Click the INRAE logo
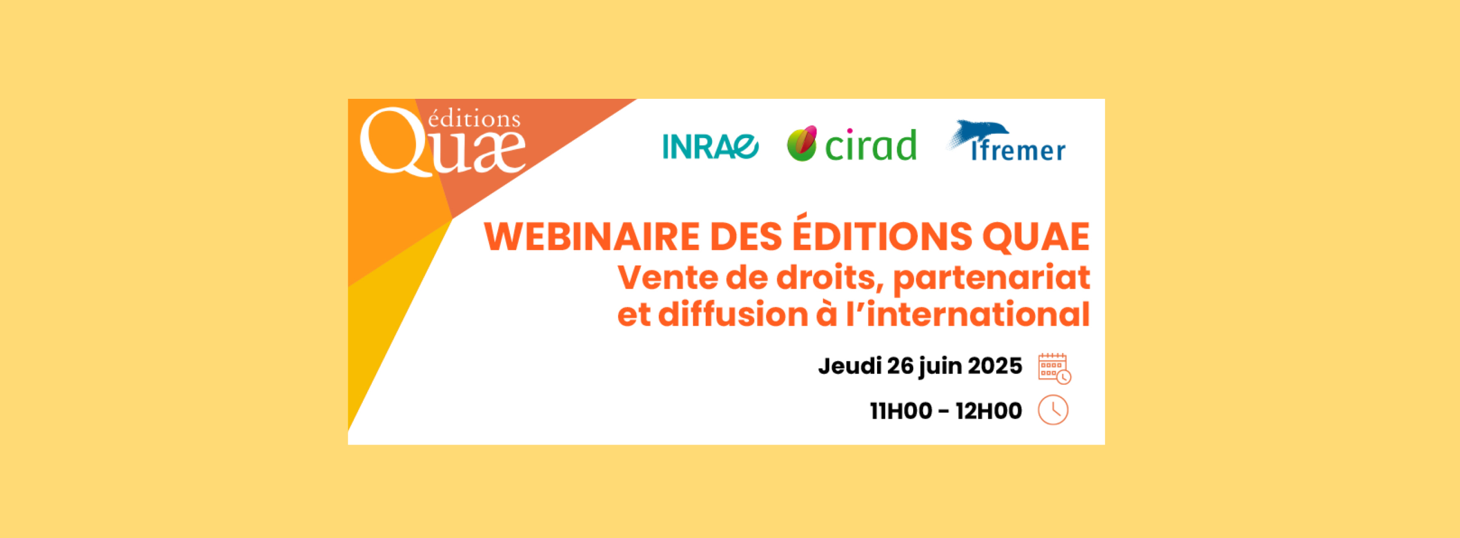tap(710, 146)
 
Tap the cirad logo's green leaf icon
tap(802, 143)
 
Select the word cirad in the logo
tap(870, 145)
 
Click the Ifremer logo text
tap(1018, 150)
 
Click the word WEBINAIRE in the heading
tap(592, 236)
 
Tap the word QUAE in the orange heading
tap(1036, 236)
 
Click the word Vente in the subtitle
tap(667, 278)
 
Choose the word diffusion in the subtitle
tap(733, 314)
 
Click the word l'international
tap(968, 314)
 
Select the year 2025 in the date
tap(994, 366)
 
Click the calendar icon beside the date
tap(1054, 368)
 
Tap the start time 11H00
tap(901, 411)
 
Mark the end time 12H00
tap(989, 411)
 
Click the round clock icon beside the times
tap(1053, 410)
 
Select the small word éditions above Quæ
tap(474, 118)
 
